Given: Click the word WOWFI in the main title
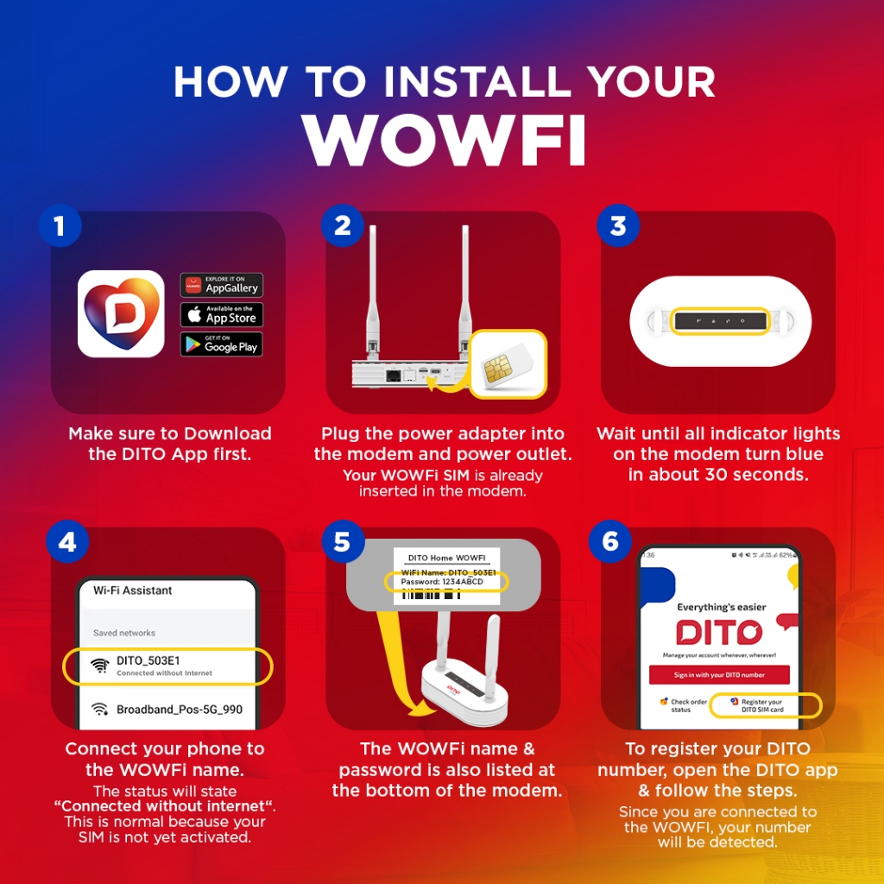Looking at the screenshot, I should pyautogui.click(x=445, y=138).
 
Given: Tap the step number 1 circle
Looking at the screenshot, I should pyautogui.click(x=60, y=226).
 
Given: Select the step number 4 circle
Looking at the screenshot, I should pyautogui.click(x=66, y=543).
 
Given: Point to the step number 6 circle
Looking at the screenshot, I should pyautogui.click(x=610, y=542).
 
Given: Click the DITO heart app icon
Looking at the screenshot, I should pyautogui.click(x=121, y=313).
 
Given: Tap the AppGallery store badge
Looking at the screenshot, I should pyautogui.click(x=221, y=285).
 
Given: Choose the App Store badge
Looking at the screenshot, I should pyautogui.click(x=221, y=314).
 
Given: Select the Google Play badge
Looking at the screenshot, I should pyautogui.click(x=221, y=344).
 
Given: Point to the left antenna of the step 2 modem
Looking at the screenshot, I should pyautogui.click(x=373, y=285).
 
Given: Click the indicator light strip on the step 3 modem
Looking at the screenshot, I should pyautogui.click(x=719, y=321).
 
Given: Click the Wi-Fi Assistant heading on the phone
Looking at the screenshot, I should pyautogui.click(x=133, y=590).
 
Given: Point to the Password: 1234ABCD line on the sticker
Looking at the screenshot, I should pyautogui.click(x=443, y=583).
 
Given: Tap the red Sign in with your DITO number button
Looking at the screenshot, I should pyautogui.click(x=719, y=674).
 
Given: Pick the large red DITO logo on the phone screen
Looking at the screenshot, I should pyautogui.click(x=719, y=632).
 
